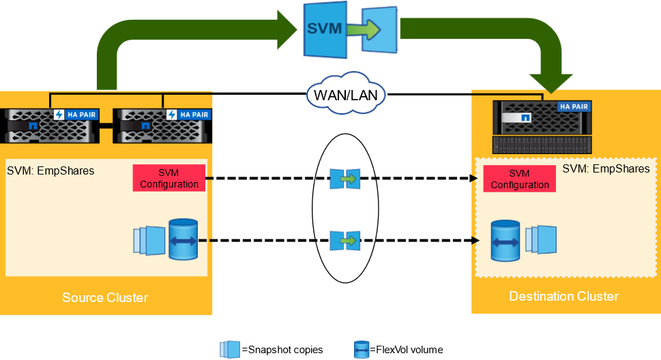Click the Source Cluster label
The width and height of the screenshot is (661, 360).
(105, 297)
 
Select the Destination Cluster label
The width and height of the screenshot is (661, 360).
(563, 296)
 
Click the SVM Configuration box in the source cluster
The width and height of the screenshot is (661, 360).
(168, 179)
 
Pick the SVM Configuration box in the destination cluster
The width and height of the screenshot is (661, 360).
(519, 179)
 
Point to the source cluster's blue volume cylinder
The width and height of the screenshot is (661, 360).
(183, 239)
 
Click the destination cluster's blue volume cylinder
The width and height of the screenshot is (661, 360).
(505, 241)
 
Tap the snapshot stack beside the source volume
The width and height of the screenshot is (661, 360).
(149, 241)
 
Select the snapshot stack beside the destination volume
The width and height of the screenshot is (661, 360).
(541, 241)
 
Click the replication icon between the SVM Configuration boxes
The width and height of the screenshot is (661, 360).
(344, 179)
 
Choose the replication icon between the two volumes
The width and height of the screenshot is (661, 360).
(344, 241)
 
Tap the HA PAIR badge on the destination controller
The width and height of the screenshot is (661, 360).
(573, 107)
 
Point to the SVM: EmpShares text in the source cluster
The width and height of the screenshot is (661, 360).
(50, 170)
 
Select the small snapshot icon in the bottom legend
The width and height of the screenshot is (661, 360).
(230, 349)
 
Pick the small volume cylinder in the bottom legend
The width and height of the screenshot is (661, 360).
(362, 350)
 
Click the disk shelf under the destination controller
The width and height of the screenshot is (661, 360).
(542, 145)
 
